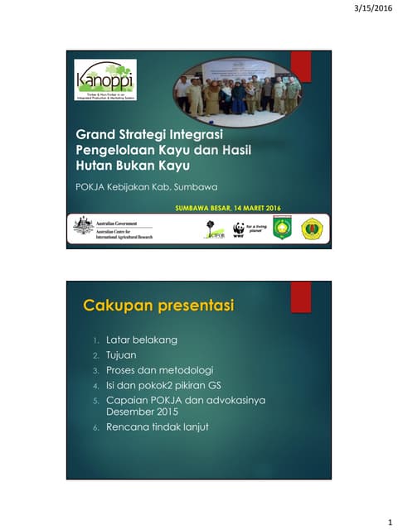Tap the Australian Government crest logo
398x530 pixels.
click(x=83, y=224)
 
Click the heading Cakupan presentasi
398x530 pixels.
click(x=158, y=306)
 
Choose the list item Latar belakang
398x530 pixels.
click(x=142, y=340)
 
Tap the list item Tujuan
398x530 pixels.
click(x=121, y=354)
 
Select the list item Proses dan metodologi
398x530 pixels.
click(x=160, y=369)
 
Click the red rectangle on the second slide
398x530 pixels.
click(x=300, y=296)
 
